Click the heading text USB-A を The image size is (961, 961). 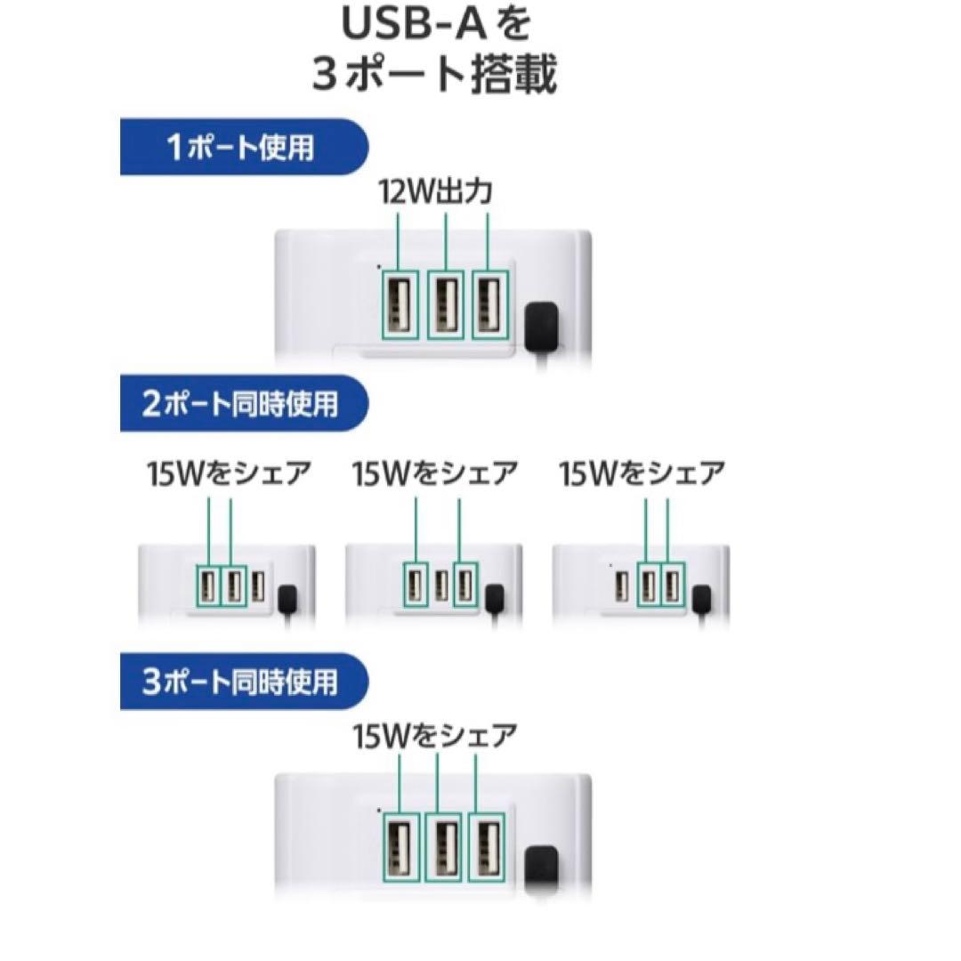[436, 25]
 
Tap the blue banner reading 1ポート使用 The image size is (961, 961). [243, 147]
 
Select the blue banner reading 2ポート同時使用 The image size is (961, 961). [243, 403]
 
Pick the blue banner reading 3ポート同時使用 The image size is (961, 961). [243, 682]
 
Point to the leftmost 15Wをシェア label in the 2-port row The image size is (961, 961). [229, 474]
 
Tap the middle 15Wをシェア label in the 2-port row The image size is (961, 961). [434, 474]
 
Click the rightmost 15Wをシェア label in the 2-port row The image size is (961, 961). [642, 474]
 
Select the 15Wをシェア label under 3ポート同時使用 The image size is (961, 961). [434, 736]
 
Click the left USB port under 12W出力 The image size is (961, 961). [400, 304]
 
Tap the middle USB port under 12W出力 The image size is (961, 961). [446, 304]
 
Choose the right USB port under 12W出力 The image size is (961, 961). [491, 304]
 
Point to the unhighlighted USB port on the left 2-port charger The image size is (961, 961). [258, 586]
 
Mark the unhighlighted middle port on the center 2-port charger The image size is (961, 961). [440, 586]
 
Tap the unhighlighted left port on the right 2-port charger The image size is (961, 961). [622, 586]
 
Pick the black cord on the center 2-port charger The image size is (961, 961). [494, 601]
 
